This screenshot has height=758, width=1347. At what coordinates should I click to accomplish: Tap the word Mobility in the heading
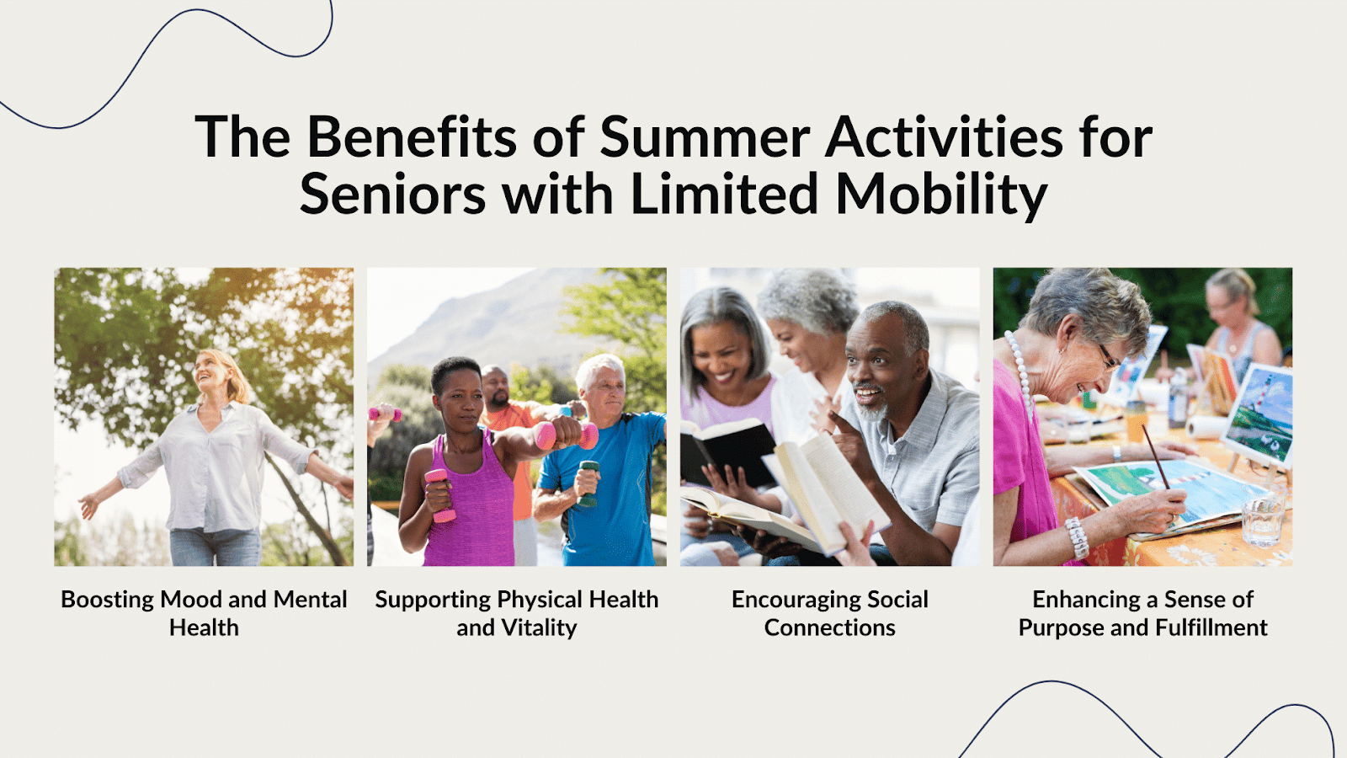(x=941, y=195)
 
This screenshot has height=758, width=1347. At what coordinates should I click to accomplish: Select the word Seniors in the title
(x=392, y=195)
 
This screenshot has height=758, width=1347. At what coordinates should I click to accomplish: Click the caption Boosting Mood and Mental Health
(x=204, y=613)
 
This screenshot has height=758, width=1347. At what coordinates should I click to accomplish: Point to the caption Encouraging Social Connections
(x=830, y=613)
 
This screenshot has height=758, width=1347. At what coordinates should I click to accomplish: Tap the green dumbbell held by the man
(x=588, y=483)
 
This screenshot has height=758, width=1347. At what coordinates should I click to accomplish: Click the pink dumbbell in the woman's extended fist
(x=566, y=435)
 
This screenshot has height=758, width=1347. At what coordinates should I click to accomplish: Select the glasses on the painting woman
(x=1108, y=356)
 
